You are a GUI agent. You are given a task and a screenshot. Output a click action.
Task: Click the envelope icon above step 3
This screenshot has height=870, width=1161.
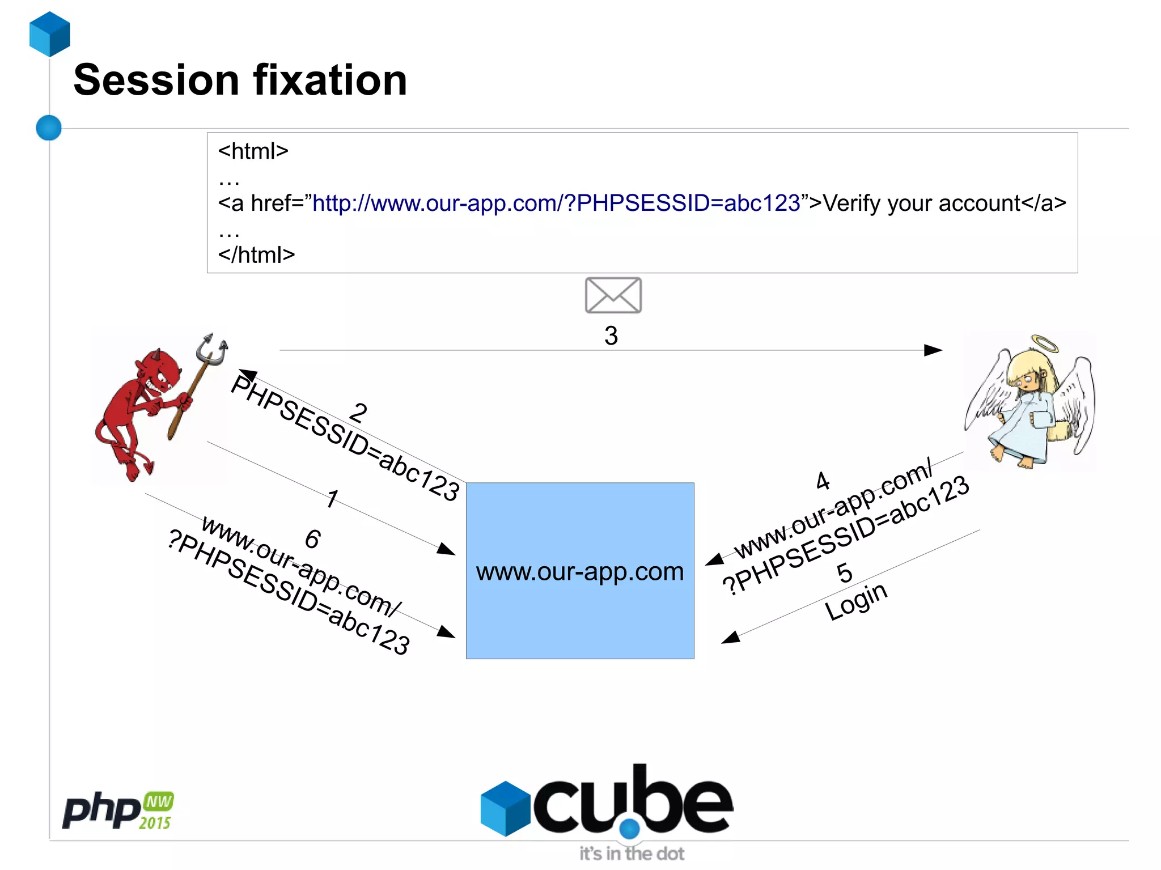[x=613, y=295]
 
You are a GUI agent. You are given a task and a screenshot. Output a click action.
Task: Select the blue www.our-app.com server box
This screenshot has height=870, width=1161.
[x=579, y=570]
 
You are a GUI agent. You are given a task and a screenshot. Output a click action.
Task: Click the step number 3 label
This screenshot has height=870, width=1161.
[x=611, y=336]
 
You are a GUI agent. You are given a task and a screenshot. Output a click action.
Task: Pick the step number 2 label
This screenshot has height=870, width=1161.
[x=358, y=413]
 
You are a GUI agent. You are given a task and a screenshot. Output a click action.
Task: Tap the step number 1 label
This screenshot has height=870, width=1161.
[x=332, y=499]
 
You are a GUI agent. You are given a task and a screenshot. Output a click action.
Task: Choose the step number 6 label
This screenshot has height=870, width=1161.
[x=313, y=539]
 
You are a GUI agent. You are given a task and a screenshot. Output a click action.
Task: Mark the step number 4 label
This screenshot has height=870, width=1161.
[x=823, y=481]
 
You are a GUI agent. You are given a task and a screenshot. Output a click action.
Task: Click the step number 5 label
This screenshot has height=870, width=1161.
[x=845, y=573]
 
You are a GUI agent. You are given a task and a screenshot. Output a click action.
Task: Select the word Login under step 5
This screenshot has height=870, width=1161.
[x=856, y=602]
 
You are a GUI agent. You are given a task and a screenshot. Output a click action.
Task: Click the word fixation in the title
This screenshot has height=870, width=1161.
[x=330, y=80]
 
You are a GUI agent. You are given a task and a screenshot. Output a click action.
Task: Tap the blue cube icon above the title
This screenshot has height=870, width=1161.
[x=50, y=34]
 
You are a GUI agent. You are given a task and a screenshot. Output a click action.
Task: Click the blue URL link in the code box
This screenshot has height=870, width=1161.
[x=556, y=203]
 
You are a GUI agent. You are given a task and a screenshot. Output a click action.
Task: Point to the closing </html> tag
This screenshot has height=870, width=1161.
[x=256, y=255]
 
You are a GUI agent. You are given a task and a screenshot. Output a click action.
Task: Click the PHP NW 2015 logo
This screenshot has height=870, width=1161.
[x=118, y=810]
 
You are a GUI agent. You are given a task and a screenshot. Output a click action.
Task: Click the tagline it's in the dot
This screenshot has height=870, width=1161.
[x=632, y=854]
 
